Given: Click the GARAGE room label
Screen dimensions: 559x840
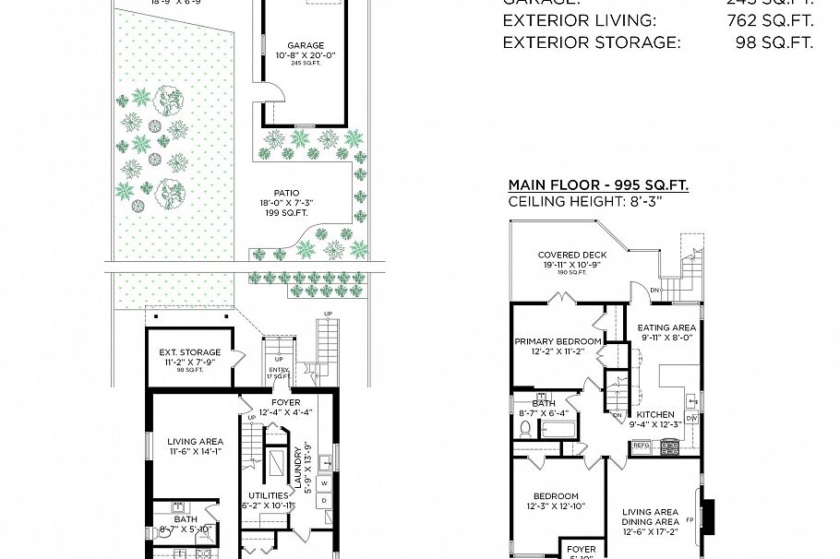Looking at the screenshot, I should pos(306,45).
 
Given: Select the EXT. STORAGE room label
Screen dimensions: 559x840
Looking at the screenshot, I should pos(190,352).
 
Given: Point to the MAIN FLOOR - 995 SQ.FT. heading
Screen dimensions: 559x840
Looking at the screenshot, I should pos(598,185).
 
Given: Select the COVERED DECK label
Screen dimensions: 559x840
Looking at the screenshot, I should pos(572,256).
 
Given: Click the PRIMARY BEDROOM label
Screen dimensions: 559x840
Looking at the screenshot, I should pos(558,341).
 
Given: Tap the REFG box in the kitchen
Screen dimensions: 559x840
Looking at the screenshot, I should pos(642,446).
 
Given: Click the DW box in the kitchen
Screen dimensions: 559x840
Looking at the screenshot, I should pos(691,418).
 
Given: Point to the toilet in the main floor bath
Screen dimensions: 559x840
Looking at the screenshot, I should pos(526,429).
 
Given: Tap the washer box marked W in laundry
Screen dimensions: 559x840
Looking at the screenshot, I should pos(323,482).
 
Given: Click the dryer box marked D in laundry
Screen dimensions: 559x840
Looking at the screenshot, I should pos(323,501).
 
